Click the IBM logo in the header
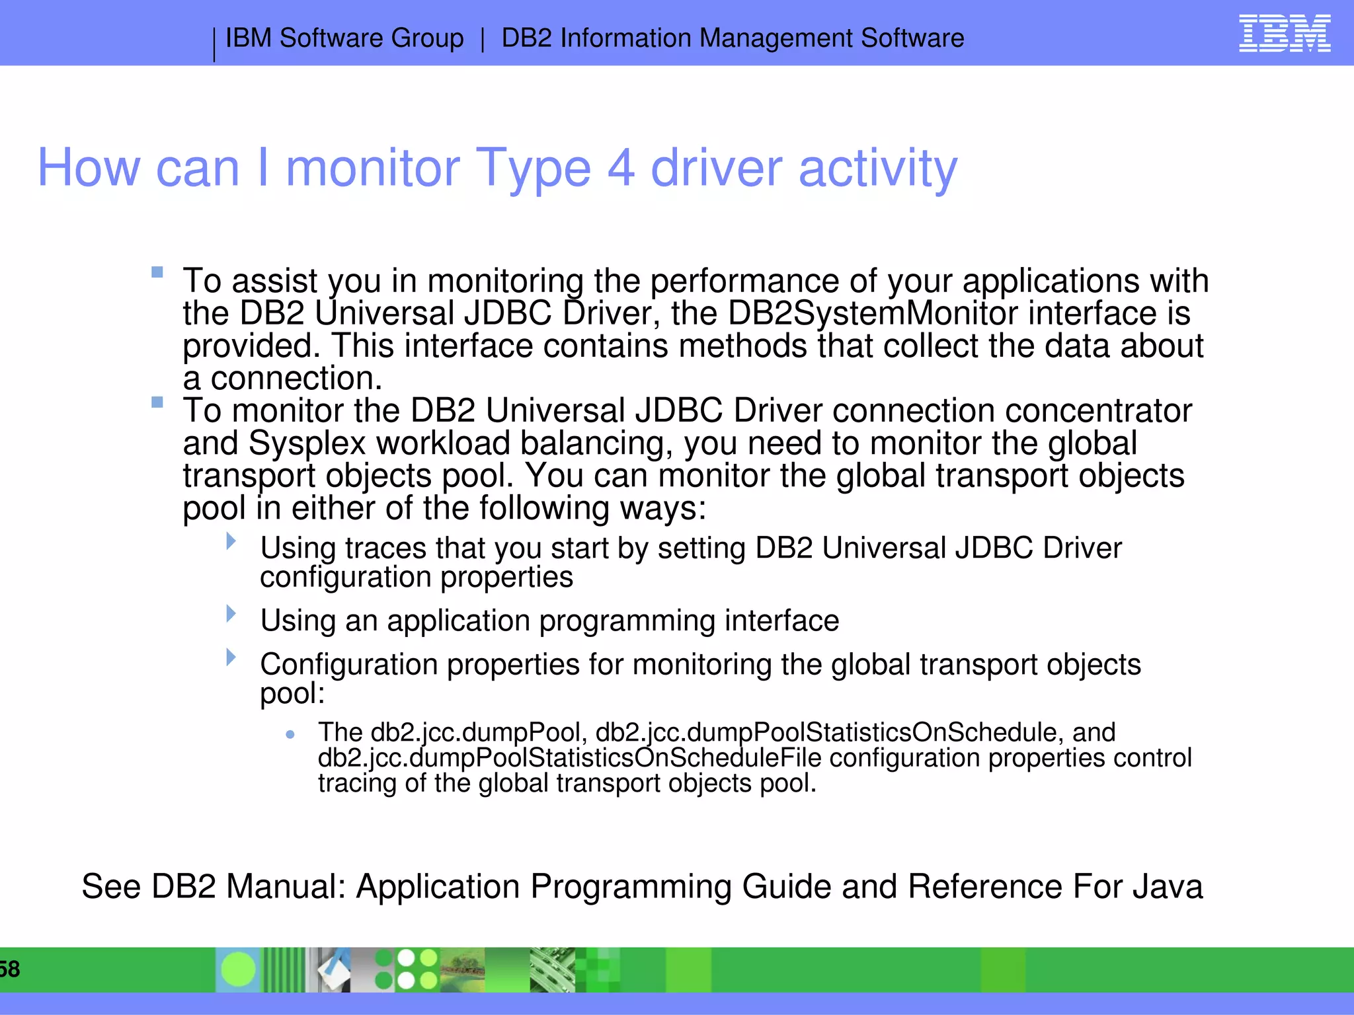coord(1284,34)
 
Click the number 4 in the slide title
coord(621,168)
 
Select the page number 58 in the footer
coord(9,969)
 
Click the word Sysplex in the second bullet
coord(307,443)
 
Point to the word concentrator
coord(1098,411)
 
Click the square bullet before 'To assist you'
coord(157,272)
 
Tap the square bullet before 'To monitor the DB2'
coord(157,402)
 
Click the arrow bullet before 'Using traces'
coord(231,541)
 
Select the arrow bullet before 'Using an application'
coord(231,614)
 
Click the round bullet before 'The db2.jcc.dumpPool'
coord(290,734)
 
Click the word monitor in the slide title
coord(372,168)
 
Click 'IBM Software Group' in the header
coord(344,38)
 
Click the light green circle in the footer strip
coord(238,969)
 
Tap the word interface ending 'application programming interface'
coord(781,621)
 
